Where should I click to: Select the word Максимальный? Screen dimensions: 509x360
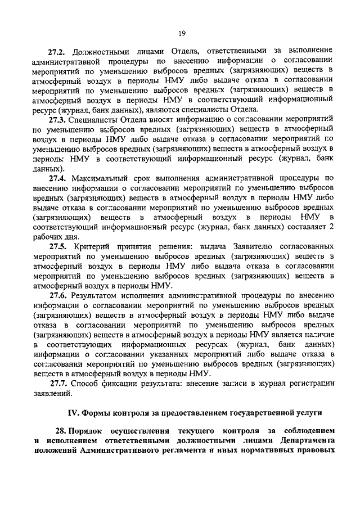[100, 178]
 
